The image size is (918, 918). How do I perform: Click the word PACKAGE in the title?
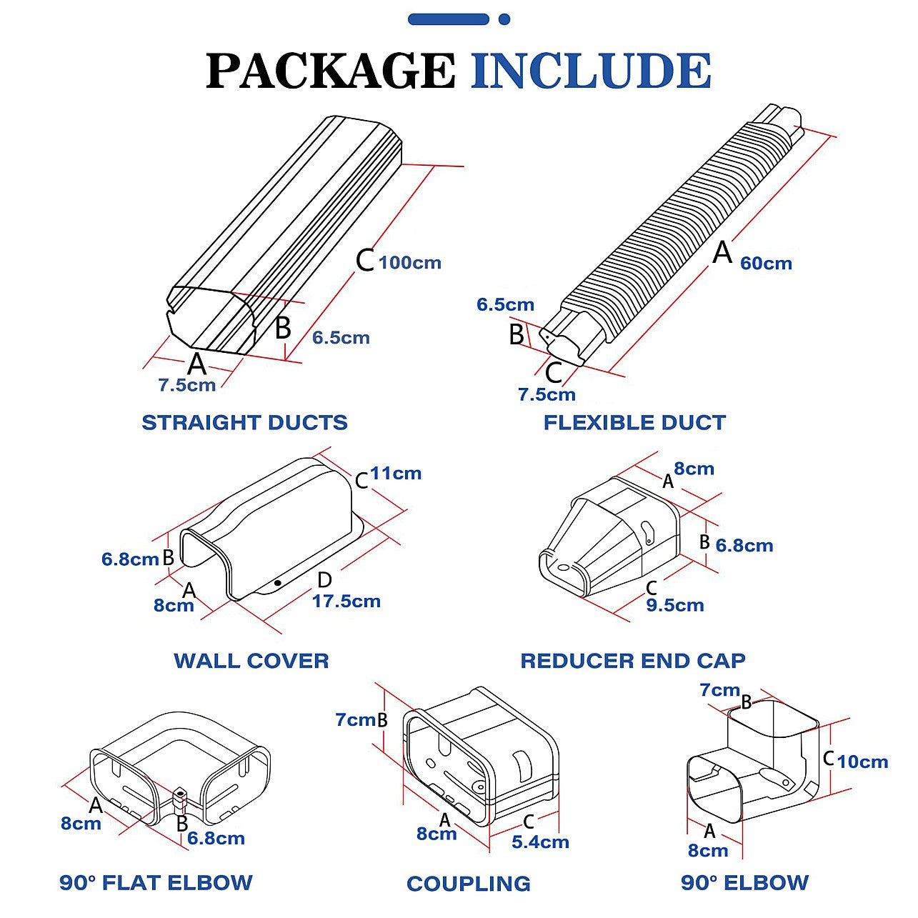coord(330,71)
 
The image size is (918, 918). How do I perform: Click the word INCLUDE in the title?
coord(591,71)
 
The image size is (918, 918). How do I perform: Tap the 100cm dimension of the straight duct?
coord(410,263)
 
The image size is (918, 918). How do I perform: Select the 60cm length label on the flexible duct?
coord(766,264)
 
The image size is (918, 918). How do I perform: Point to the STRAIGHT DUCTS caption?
coord(244,422)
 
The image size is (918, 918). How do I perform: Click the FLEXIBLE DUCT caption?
coord(634,422)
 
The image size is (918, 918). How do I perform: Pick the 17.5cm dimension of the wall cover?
coord(346,602)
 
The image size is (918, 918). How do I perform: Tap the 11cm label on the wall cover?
coord(396,474)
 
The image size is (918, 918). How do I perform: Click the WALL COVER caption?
coord(251,660)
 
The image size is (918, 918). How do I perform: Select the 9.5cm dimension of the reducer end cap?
coord(675,606)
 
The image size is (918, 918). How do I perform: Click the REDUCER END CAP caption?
coord(633,660)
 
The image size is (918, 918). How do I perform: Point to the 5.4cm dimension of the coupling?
coord(540,842)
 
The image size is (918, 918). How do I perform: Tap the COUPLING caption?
coord(469,884)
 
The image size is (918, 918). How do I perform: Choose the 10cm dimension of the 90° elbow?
coord(862,762)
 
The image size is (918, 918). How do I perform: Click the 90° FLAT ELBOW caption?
coord(156,883)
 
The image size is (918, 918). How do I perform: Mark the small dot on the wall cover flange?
coord(277,583)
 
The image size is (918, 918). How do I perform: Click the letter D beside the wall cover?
coord(324,580)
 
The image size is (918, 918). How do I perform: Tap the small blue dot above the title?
coord(504,19)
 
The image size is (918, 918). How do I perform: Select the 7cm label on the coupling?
coord(355,720)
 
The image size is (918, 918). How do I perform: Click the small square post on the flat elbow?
coord(179,798)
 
